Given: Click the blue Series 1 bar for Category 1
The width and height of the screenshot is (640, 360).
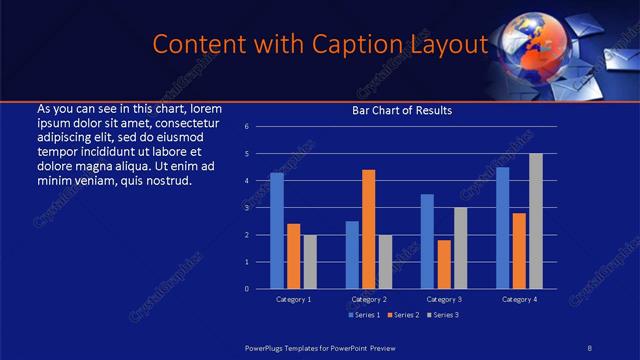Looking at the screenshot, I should point(277,231).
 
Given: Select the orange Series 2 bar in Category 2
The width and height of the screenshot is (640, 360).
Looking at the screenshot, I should point(368,229).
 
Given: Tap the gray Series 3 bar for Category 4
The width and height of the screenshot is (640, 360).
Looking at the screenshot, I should point(535,221).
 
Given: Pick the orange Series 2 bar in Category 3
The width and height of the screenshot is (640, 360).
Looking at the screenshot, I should point(443,264).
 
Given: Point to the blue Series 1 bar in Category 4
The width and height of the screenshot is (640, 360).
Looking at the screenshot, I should point(502,228).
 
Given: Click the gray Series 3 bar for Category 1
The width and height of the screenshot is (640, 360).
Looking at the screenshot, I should point(310,262).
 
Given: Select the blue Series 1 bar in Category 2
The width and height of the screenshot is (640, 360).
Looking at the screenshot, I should point(352,255).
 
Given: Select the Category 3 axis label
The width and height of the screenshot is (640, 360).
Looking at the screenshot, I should point(443,299).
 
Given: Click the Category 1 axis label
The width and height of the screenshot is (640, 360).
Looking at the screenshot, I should point(293,299).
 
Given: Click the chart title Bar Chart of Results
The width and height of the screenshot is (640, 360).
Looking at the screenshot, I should point(402,110).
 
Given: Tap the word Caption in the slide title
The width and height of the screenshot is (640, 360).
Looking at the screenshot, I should point(340,45).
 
